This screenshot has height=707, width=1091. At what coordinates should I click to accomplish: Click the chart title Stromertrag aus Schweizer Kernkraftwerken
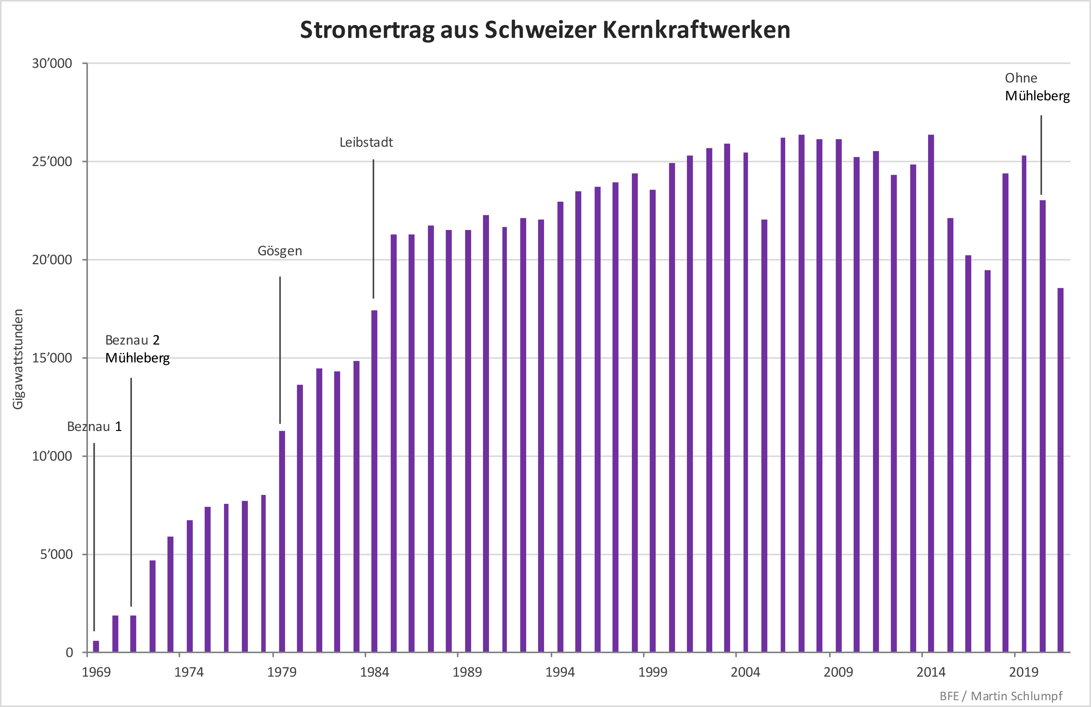point(545,30)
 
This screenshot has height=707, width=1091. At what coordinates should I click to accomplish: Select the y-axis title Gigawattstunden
point(18,359)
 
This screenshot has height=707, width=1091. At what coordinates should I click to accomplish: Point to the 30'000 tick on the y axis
point(52,63)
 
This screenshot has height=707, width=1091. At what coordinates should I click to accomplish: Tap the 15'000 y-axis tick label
point(52,358)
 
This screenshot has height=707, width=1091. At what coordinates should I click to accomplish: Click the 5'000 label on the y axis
point(56,555)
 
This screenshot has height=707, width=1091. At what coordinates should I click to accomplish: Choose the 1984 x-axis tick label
point(374,672)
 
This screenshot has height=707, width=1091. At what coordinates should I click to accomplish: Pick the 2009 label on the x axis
point(838,672)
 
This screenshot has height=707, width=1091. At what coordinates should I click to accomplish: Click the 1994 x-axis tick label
point(560,672)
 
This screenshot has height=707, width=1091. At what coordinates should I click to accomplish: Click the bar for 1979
point(282,541)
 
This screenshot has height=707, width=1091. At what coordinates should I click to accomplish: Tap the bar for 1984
point(374,481)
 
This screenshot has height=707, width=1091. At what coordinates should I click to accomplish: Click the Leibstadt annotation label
point(366,142)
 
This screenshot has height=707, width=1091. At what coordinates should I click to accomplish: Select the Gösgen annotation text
point(280,251)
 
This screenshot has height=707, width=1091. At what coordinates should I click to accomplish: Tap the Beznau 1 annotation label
point(94,427)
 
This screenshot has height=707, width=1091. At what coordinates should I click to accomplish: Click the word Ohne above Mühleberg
point(1021,78)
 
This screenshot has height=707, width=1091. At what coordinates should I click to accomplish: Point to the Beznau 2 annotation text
point(132,340)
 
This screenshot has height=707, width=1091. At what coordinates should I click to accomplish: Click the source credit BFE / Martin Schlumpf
point(1001,696)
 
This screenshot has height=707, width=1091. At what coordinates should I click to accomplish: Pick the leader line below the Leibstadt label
point(373,229)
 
